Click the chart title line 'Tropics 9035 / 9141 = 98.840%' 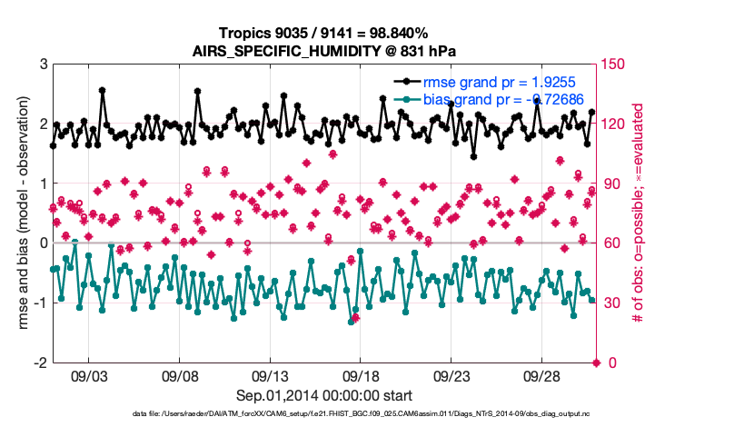coord(324,33)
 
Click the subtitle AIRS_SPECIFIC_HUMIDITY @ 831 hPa coord(324,51)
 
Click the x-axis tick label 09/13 coord(271,375)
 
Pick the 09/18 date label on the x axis coord(361,375)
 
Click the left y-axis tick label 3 coord(43,65)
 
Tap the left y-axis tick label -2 coord(40,362)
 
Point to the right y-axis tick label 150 coord(616,65)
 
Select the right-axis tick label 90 coord(613,184)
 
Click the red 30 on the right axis coord(613,303)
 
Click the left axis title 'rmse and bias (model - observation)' coord(17,213)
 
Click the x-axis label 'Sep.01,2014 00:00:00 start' coord(324,395)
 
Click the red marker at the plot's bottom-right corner coord(597,362)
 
